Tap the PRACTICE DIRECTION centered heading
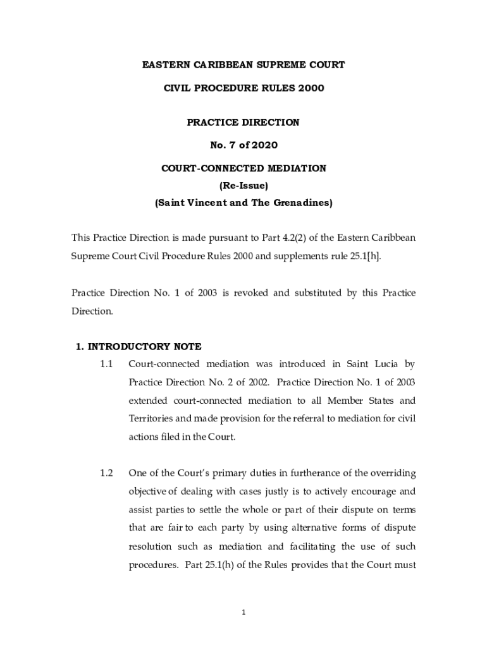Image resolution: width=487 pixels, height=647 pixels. (243, 123)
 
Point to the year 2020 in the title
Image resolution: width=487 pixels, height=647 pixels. (263, 145)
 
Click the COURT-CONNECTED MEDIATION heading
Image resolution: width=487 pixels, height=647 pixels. (244, 169)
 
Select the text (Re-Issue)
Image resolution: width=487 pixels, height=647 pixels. (244, 186)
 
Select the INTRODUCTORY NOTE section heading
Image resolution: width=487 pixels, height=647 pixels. (144, 346)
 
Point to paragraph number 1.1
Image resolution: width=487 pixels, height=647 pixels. (106, 365)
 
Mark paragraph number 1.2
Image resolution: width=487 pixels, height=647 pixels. (106, 473)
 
